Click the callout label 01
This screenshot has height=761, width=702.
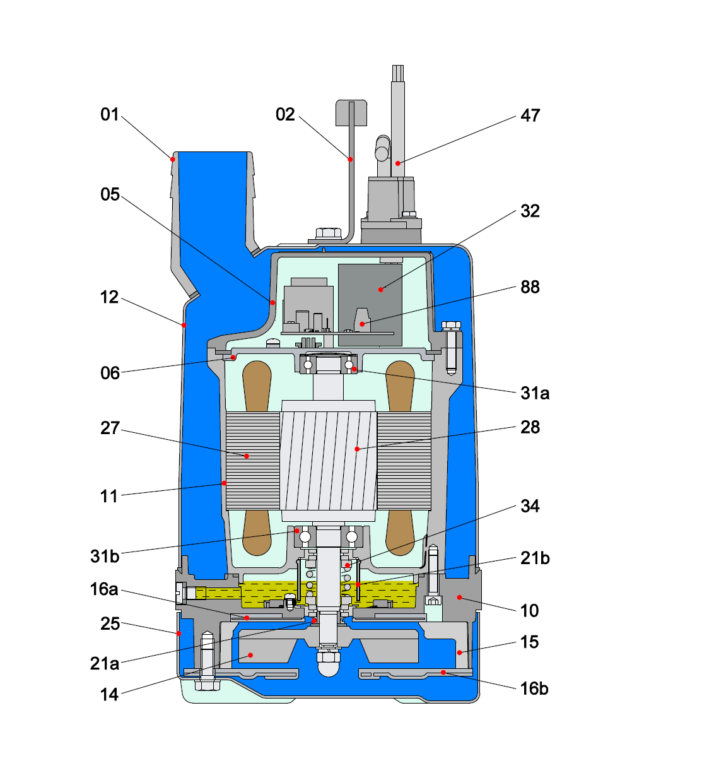pyautogui.click(x=110, y=114)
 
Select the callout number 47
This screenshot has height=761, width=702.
pyautogui.click(x=530, y=115)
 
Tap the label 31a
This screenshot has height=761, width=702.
pyautogui.click(x=535, y=393)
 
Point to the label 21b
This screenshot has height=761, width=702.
pyautogui.click(x=535, y=558)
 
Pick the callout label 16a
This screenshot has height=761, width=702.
pyautogui.click(x=104, y=589)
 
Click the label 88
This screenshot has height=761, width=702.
pyautogui.click(x=530, y=287)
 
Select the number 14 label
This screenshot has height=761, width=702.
pyautogui.click(x=109, y=695)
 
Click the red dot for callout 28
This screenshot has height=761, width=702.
pyautogui.click(x=357, y=449)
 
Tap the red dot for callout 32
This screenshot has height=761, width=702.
pyautogui.click(x=381, y=290)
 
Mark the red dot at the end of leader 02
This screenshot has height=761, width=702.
pyautogui.click(x=351, y=160)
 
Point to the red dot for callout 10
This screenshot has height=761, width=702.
pyautogui.click(x=459, y=597)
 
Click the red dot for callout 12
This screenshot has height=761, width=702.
pyautogui.click(x=184, y=326)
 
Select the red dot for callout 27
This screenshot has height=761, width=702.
pyautogui.click(x=247, y=456)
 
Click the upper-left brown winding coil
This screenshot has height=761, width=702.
pyautogui.click(x=256, y=386)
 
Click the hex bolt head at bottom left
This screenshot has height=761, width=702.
pyautogui.click(x=208, y=685)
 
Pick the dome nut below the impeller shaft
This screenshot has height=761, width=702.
pyautogui.click(x=328, y=664)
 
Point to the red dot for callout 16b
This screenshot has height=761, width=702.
pyautogui.click(x=443, y=673)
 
